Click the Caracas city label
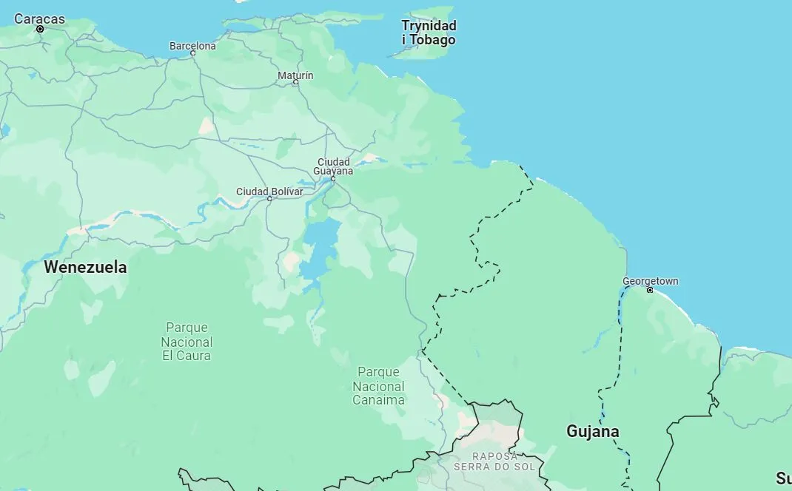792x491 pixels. [x=39, y=18]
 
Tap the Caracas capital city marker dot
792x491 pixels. [x=40, y=30]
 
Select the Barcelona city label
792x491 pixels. [x=192, y=46]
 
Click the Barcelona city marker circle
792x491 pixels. [x=193, y=53]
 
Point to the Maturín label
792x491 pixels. [x=295, y=75]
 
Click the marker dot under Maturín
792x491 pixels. [x=296, y=82]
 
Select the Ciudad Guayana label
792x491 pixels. [x=333, y=166]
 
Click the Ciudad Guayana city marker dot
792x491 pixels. [x=333, y=178]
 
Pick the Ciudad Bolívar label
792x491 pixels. [x=269, y=192]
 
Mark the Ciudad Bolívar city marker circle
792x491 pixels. [x=269, y=198]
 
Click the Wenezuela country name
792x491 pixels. [x=85, y=268]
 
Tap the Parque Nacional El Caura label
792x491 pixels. [x=187, y=342]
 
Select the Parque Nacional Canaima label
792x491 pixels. [x=378, y=386]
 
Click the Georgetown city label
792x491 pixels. [x=650, y=281]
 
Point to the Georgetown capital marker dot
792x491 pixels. [x=650, y=290]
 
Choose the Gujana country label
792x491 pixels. [x=592, y=431]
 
